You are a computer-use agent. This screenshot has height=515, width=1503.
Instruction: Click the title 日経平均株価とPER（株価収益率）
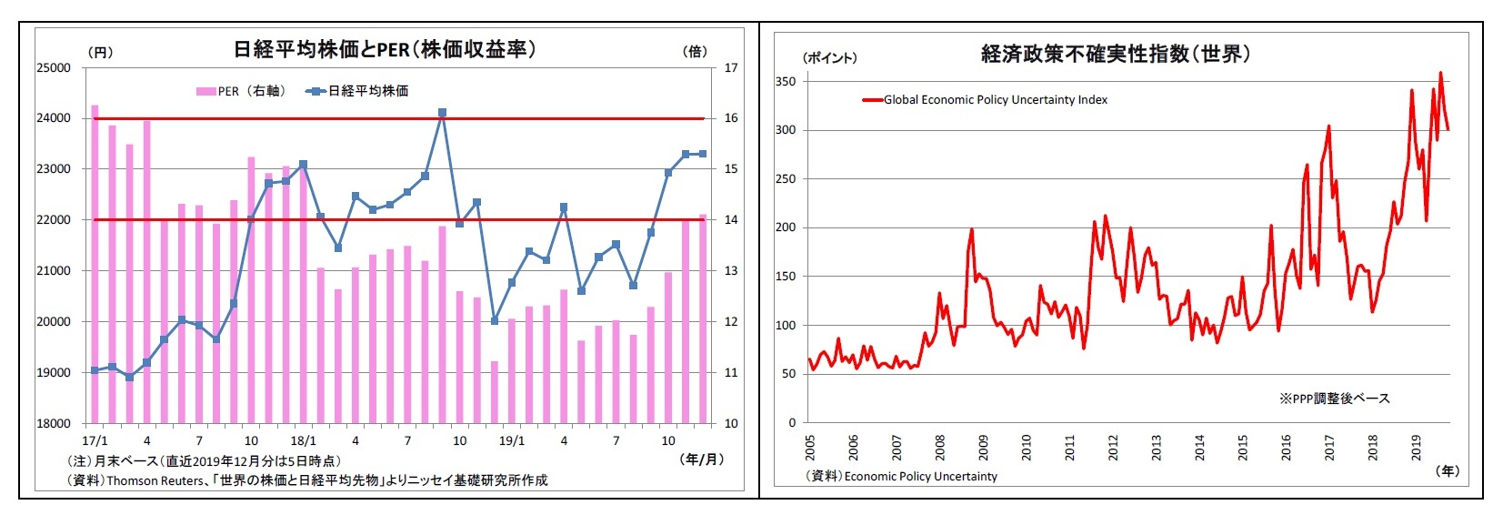pos(385,49)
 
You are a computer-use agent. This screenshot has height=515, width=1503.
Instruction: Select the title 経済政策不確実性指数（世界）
pos(1116,55)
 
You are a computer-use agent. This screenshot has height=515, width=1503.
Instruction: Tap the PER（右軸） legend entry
pos(241,91)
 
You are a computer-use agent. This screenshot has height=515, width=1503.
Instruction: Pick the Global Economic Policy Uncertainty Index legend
pos(986,100)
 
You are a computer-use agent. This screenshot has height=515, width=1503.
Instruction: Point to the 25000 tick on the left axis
pos(53,68)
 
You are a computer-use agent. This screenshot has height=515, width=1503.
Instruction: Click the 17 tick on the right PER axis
pos(730,68)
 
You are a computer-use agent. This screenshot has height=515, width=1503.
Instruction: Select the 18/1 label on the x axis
pos(304,441)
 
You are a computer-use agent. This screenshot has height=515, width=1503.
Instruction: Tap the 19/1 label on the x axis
pos(512,441)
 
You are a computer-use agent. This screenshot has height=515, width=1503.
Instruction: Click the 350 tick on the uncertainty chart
pos(786,82)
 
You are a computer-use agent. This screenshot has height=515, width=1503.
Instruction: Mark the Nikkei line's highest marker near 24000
pos(442,113)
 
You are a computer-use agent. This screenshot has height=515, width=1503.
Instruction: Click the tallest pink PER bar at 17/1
pos(95,264)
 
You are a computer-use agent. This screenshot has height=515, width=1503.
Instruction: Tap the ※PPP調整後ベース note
pos(1334,399)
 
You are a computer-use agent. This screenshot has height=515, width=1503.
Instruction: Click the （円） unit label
pos(100,52)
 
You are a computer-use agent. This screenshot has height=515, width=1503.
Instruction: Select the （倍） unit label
pos(694,52)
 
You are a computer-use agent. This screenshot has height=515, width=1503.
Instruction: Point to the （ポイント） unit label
pos(829,57)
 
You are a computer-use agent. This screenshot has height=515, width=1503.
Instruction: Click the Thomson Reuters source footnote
pos(307,480)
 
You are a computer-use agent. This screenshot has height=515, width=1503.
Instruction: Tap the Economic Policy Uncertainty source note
pos(902,476)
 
